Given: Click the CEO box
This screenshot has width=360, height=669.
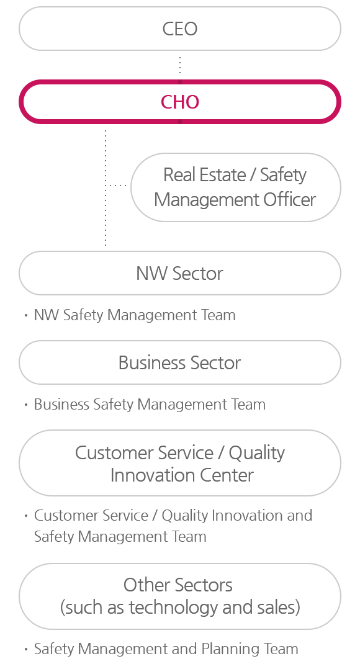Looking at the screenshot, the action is pos(179,29).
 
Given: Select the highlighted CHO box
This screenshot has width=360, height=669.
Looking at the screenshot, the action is pos(179,102).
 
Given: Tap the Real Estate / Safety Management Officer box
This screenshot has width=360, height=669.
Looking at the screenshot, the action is pos(235,187).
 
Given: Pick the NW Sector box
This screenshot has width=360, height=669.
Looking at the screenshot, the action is pos(179,273).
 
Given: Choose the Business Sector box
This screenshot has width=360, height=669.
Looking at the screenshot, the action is pos(179,362).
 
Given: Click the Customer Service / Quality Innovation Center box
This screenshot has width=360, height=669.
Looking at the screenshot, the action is pos(179,463).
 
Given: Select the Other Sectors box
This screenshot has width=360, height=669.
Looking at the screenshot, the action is pos(179,596).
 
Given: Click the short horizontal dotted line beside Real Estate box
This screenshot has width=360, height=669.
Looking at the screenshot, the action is pos(116,185).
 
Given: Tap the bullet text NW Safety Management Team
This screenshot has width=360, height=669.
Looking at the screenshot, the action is pos(135,315).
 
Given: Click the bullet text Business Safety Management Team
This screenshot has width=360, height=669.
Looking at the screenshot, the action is pos(150,405).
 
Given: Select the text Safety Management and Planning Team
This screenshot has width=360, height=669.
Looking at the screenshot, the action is pos(166,649).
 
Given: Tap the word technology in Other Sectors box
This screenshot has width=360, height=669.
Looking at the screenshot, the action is pos(174,608).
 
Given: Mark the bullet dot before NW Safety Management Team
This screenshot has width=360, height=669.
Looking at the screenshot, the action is pos(26,315).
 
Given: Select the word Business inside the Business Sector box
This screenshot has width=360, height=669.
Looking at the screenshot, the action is pos(152,362).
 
